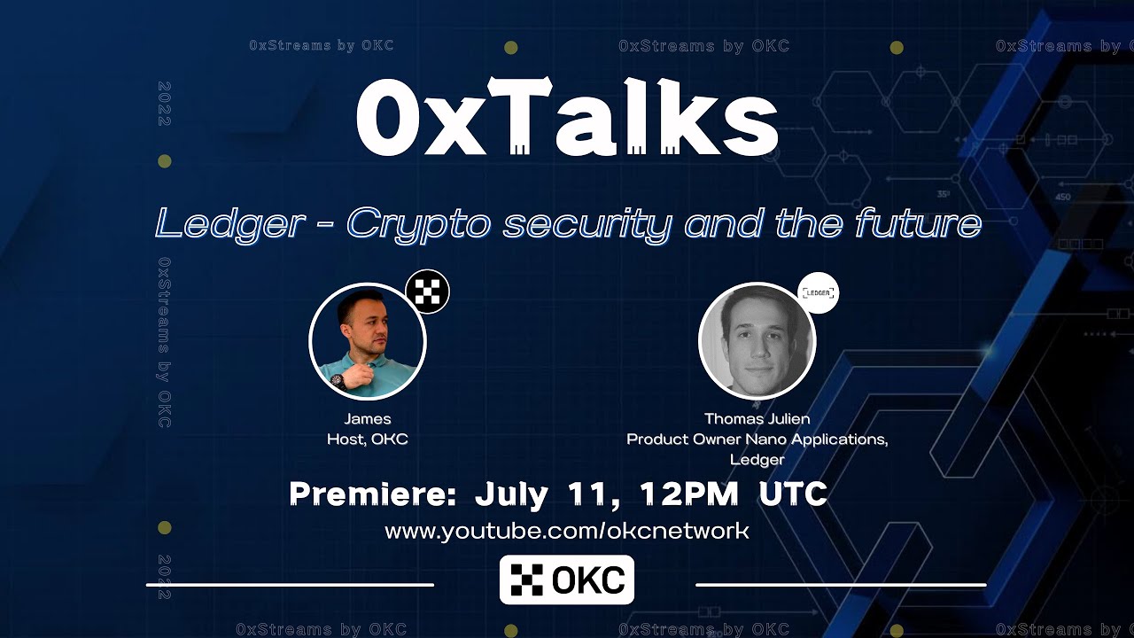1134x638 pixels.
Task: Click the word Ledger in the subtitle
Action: pos(229,223)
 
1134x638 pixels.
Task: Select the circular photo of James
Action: pos(368,342)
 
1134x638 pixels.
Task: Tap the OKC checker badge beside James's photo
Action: pos(428,292)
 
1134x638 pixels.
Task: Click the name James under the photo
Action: pos(368,419)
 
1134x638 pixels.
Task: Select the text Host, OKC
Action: pos(368,439)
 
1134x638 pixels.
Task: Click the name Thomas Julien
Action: pos(757,419)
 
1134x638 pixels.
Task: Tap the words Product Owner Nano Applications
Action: pos(757,440)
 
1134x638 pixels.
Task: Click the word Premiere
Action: pos(372,494)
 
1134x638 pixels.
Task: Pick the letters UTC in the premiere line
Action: pos(793,494)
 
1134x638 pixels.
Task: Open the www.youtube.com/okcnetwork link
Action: pos(567,531)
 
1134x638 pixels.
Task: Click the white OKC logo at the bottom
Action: pos(567,580)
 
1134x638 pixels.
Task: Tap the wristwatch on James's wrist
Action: pos(338,381)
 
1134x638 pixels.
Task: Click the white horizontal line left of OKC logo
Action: pos(290,585)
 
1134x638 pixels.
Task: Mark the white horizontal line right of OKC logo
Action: pos(841,585)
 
